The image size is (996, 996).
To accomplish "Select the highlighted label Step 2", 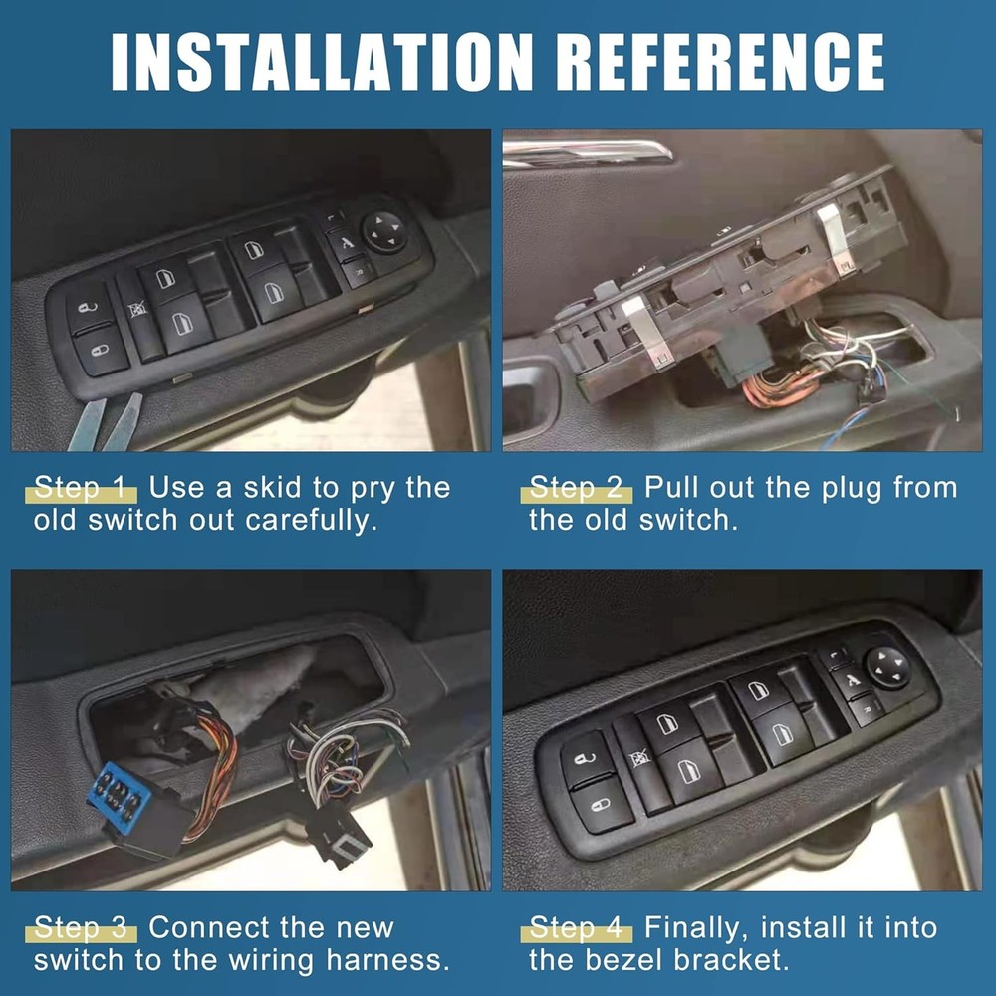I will pyautogui.click(x=577, y=489).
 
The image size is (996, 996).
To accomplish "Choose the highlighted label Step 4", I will pyautogui.click(x=577, y=929).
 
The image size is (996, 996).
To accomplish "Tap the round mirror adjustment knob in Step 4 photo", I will pyautogui.click(x=887, y=667).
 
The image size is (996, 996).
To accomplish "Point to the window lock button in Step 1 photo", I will pyautogui.click(x=137, y=311).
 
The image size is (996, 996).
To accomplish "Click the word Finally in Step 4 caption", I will pyautogui.click(x=697, y=929).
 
